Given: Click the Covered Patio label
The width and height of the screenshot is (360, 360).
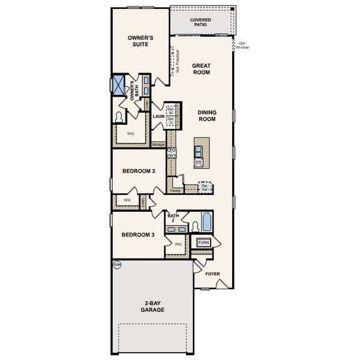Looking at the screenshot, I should click(x=200, y=22).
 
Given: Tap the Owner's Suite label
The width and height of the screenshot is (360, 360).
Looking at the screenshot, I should click(x=141, y=41).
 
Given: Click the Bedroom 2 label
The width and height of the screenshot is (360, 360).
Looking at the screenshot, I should click(x=139, y=172).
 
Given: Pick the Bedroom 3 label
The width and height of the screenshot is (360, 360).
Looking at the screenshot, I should click(x=139, y=235).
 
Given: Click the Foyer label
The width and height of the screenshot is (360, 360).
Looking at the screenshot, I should click(x=213, y=274).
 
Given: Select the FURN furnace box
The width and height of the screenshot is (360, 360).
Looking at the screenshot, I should click(x=204, y=242).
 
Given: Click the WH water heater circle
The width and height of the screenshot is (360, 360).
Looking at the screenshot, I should click(x=116, y=263).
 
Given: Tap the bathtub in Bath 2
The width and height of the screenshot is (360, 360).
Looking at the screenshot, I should click(x=207, y=224).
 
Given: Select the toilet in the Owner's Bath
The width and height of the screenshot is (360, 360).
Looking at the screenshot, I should click(x=119, y=116).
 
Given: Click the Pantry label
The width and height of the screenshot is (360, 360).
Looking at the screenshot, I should click(x=176, y=190).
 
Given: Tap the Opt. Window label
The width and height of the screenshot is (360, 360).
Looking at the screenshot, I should click(x=242, y=46).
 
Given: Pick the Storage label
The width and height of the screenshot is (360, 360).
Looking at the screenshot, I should click(x=158, y=144).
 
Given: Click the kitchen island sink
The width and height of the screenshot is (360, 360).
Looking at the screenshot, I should click(x=199, y=150).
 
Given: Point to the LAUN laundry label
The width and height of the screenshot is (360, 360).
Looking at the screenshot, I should click(x=158, y=116).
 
